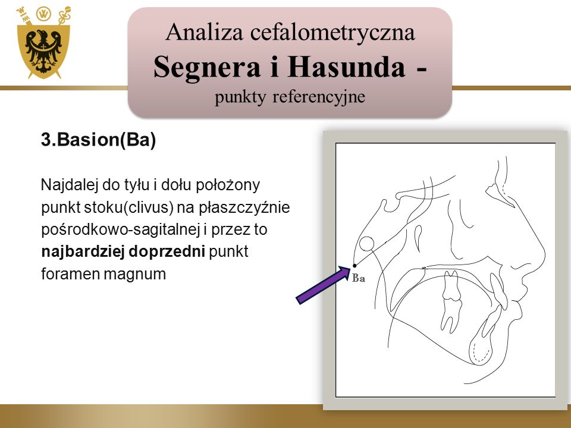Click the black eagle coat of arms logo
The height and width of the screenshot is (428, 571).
coord(43,43)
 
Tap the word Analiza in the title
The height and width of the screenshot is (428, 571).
coord(204,32)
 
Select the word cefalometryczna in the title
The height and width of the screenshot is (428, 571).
coord(332,33)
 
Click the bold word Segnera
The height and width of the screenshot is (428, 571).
coord(207,68)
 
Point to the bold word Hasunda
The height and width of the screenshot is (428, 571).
coord(346,67)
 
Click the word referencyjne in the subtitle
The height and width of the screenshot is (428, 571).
coord(319,97)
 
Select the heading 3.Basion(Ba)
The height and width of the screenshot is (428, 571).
coord(98,140)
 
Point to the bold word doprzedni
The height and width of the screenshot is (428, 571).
coord(167,252)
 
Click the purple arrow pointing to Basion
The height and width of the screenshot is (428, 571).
coord(323,285)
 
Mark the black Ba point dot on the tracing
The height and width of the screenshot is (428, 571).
coord(354,266)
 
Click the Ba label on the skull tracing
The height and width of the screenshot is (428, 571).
coord(359,278)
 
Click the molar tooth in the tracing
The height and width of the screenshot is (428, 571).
coord(451,301)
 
